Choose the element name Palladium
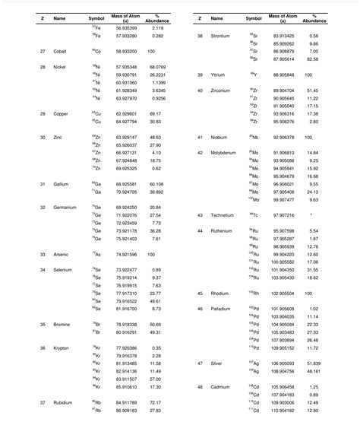tap(221, 309)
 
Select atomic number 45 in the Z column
tap(199, 293)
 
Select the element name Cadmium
tap(220, 387)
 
